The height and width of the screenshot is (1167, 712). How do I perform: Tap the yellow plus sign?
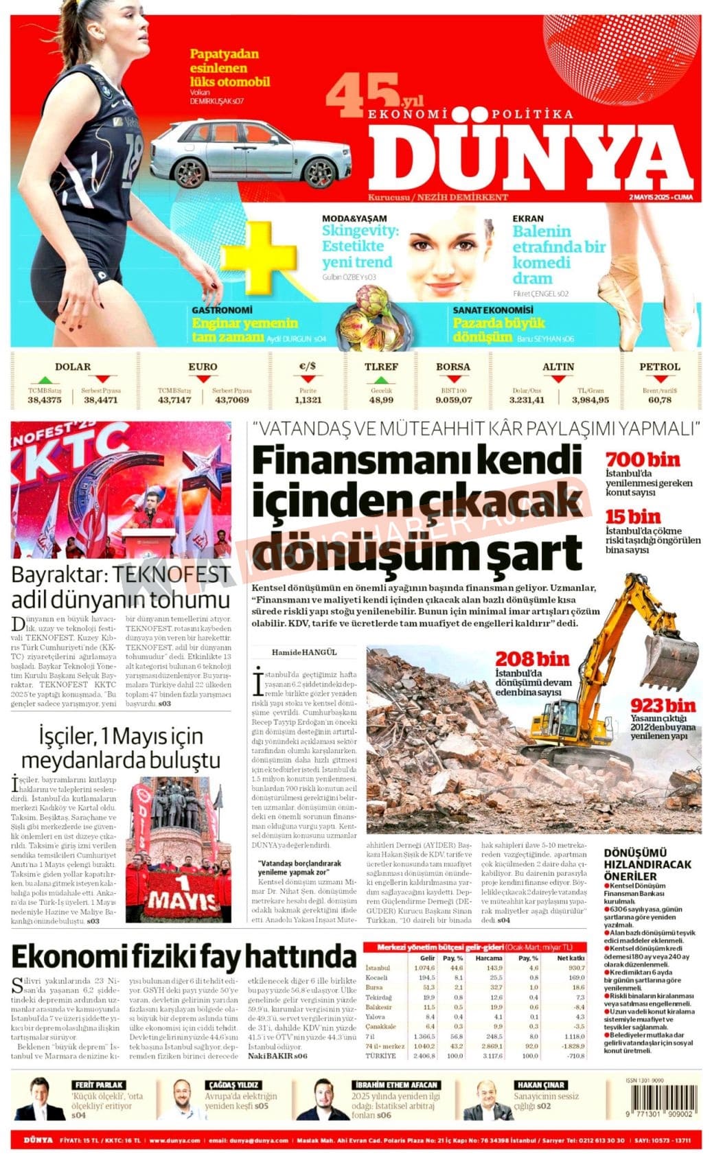coord(258,257)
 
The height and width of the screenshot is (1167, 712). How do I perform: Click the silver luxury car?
coord(251,154)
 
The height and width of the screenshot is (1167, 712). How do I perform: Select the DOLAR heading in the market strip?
coord(73,367)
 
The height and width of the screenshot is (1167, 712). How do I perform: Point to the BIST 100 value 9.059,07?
coord(453,400)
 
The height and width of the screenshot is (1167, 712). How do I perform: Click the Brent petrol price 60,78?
coord(659,400)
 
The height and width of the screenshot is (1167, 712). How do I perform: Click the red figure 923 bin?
coord(663,705)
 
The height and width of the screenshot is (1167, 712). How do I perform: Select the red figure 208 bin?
coord(533,659)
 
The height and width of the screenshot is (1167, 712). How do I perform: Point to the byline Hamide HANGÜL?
coord(304,651)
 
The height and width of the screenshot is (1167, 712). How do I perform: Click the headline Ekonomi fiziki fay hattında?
coord(184,956)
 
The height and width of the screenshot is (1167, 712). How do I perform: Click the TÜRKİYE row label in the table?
coord(381,1055)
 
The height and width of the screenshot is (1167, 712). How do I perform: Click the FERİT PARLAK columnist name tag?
coord(100,1085)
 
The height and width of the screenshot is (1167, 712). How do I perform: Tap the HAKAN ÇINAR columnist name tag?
coord(541,1085)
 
